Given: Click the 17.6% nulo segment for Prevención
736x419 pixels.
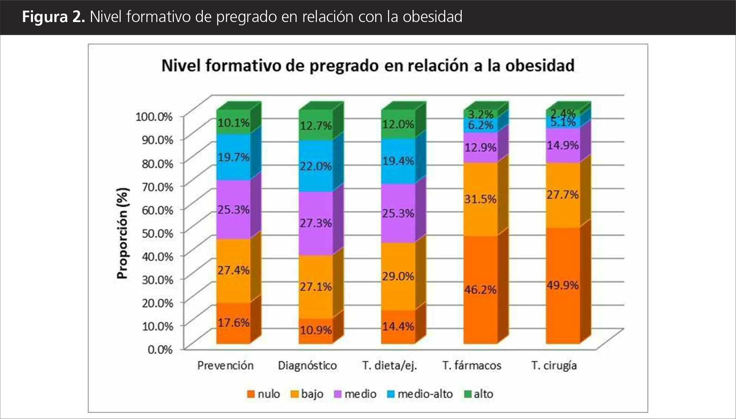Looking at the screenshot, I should coord(234,323).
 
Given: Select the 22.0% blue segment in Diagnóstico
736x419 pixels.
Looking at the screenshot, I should coord(316,166).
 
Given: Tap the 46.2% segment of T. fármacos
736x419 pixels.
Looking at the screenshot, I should coord(480,290).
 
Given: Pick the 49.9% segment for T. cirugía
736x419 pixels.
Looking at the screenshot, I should coord(563,285).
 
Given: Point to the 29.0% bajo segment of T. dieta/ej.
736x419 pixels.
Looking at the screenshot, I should coord(398,276).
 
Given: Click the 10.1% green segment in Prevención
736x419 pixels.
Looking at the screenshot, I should coord(234,123).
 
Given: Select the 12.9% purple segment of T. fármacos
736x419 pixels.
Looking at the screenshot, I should coord(480,148).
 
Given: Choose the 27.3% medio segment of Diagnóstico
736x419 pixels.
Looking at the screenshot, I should coord(316,223).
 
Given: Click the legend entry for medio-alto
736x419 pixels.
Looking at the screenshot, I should coord(420,394).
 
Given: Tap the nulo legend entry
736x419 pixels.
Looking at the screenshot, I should coord(264,394).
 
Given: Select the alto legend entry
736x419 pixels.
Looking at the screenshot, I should coord(479,394).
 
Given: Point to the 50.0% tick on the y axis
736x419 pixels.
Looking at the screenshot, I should coord(157,233).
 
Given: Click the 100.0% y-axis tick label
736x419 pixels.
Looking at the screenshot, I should coord(154,117).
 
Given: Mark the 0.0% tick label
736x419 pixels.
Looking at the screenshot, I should coord(160,349).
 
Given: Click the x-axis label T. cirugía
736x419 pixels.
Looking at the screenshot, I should coord(554,365).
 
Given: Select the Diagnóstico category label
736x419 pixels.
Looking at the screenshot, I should coord(307,365).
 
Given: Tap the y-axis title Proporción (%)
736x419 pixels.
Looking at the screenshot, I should coord(122,233).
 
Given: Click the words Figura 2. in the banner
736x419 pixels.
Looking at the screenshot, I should coord(54,17).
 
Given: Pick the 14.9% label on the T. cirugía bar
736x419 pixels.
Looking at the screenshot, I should coord(563,145).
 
